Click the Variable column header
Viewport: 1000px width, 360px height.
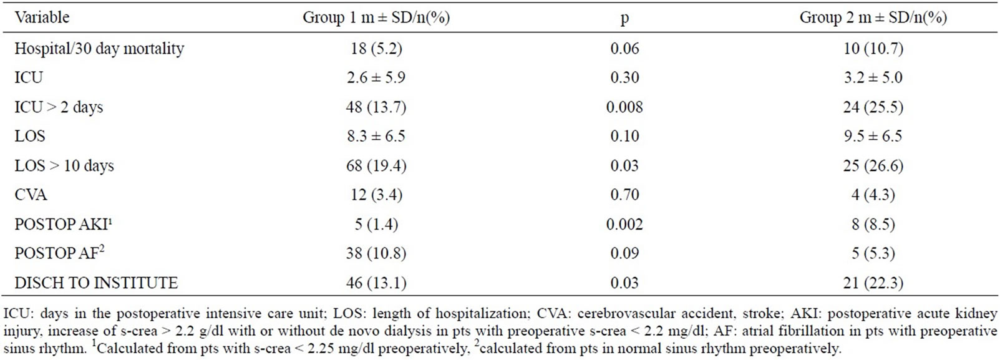click(42, 17)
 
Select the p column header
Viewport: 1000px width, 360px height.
click(624, 19)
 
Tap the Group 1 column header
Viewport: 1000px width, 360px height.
click(376, 17)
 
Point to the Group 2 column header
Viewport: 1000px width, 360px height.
click(873, 17)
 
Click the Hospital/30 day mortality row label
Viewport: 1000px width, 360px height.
click(99, 48)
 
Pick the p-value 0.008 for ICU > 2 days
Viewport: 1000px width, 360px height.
click(624, 107)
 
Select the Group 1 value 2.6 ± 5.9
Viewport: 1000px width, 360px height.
click(376, 77)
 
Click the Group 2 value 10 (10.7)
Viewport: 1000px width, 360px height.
click(873, 48)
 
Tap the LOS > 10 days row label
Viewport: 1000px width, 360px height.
click(64, 166)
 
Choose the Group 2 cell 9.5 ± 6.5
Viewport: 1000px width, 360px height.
click(873, 136)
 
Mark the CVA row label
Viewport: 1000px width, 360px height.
click(31, 195)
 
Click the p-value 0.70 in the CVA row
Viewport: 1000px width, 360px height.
click(624, 195)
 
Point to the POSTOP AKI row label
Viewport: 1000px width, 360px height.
click(63, 223)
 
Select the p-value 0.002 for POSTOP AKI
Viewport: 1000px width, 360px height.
click(624, 224)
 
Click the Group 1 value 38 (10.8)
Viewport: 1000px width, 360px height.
click(376, 253)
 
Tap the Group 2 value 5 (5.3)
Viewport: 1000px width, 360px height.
click(873, 253)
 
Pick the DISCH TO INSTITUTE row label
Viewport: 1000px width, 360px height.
click(96, 283)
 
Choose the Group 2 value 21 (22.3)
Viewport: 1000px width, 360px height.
click(873, 283)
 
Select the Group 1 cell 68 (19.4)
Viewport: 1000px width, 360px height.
click(376, 166)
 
